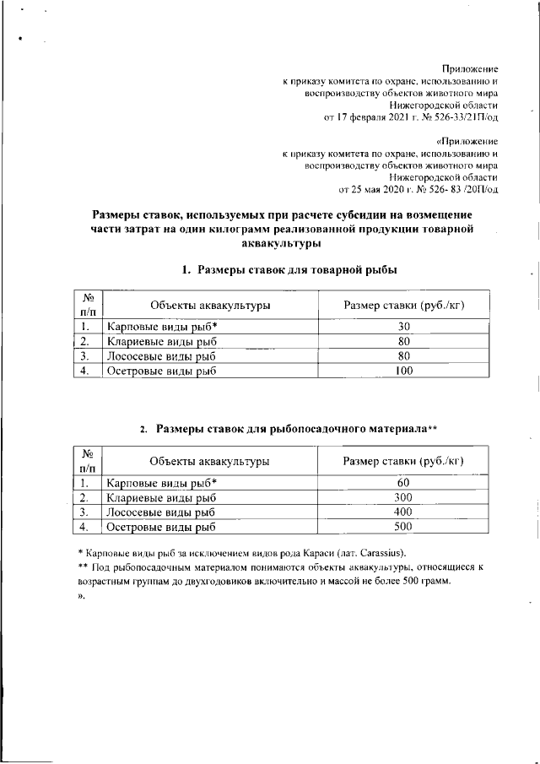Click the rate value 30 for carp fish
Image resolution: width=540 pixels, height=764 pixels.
pyautogui.click(x=403, y=327)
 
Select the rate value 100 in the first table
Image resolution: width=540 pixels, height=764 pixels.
pyautogui.click(x=403, y=370)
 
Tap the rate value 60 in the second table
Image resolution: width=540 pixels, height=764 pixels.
pyautogui.click(x=403, y=482)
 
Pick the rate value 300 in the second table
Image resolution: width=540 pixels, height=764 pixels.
pyautogui.click(x=403, y=497)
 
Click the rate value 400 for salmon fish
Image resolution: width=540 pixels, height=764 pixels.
pyautogui.click(x=403, y=512)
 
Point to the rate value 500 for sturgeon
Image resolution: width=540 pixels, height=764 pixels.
pyautogui.click(x=403, y=528)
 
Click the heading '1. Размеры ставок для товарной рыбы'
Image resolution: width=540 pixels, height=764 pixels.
pyautogui.click(x=289, y=270)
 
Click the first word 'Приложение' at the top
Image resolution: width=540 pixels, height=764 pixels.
pyautogui.click(x=470, y=68)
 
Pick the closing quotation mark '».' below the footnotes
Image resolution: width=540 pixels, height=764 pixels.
pyautogui.click(x=71, y=596)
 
